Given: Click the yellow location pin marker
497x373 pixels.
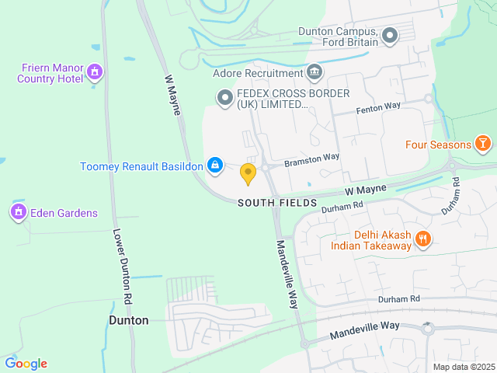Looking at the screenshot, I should [x=248, y=173].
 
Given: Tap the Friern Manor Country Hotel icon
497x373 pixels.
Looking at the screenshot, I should [x=95, y=72].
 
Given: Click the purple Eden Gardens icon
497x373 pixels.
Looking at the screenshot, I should [x=18, y=211].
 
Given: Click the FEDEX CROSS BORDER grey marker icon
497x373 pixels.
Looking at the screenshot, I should [x=224, y=97].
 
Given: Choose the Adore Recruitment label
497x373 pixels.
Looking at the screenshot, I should [x=257, y=74].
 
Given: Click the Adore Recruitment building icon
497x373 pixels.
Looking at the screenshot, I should [x=315, y=73].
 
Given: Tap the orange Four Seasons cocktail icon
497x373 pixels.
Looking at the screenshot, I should [x=483, y=144].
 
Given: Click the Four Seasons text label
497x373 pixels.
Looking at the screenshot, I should [x=438, y=145].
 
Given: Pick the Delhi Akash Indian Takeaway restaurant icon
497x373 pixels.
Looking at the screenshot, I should [x=423, y=239].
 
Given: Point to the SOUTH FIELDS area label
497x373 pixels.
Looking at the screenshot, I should [x=277, y=203].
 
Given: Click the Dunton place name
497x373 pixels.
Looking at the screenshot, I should [x=128, y=320].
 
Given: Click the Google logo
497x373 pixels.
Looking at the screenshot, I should [x=26, y=364].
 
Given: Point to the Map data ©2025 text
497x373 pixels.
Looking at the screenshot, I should [x=463, y=367].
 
